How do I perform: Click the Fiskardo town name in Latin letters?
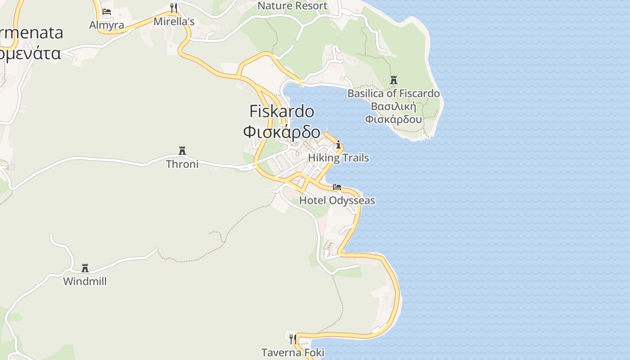(282, 111)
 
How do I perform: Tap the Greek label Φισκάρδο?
(282, 132)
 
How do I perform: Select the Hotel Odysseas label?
(337, 200)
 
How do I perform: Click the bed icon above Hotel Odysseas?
(337, 187)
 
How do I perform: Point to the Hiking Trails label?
(338, 158)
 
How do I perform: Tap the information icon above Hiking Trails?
(338, 145)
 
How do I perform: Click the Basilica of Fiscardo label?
(394, 94)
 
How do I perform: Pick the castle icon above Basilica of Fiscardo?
(394, 80)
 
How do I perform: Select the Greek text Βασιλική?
(394, 107)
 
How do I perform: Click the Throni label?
(182, 164)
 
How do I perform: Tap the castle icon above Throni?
(182, 150)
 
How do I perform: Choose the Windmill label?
(85, 281)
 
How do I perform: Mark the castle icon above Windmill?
(85, 268)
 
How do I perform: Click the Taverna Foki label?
(293, 352)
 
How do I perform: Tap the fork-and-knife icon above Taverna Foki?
(293, 338)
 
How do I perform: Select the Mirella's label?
(174, 22)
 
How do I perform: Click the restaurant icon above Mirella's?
(174, 8)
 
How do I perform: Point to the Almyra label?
(107, 25)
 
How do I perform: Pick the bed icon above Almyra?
(107, 12)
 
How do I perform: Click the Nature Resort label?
(292, 6)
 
